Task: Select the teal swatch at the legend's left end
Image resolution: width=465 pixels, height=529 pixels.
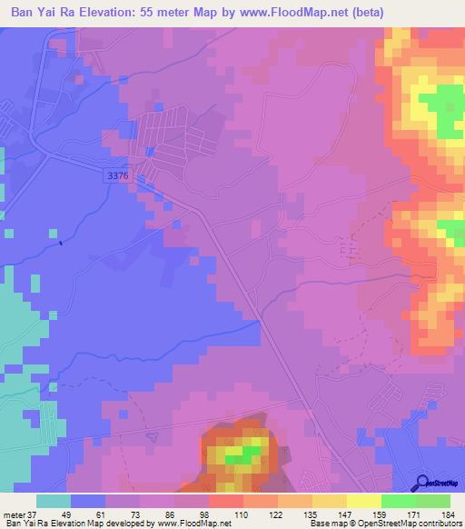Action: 54,501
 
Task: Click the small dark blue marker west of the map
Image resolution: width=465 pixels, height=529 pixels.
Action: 61,242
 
